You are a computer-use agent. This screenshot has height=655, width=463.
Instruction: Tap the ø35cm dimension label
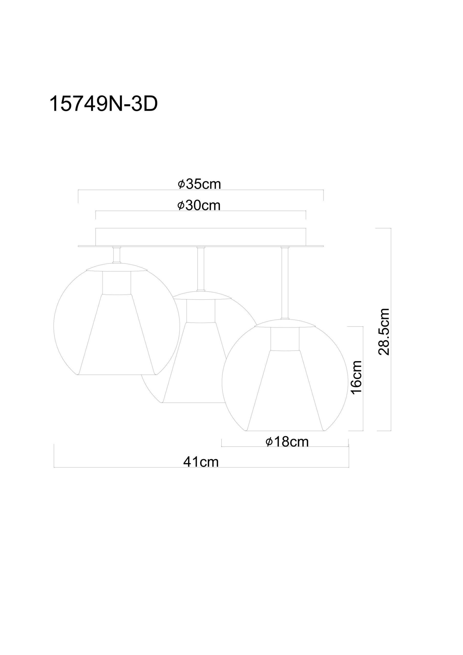pos(199,184)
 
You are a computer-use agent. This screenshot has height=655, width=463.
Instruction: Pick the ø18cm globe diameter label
pos(287,442)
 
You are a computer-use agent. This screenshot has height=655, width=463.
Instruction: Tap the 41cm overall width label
pos(201,462)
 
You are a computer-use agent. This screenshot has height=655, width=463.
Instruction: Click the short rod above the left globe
pos(116,255)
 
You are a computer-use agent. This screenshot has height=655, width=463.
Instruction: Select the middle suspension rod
pos(201,268)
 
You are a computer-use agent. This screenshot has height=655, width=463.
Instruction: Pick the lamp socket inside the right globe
pos(285,339)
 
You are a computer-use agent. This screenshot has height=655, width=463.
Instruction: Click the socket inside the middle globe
pos(201,311)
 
